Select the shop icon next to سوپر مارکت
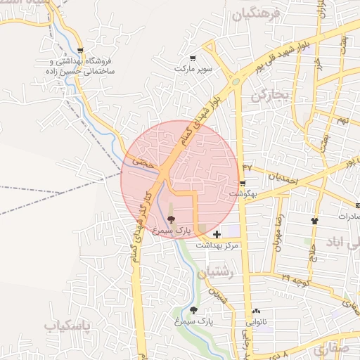coord(193,58)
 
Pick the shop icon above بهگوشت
coord(243,183)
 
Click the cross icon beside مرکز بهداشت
coord(216,233)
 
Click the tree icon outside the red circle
coord(193,310)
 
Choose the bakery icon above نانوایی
coord(256,311)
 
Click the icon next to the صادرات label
coord(314,221)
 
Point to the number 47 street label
coord(247,167)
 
